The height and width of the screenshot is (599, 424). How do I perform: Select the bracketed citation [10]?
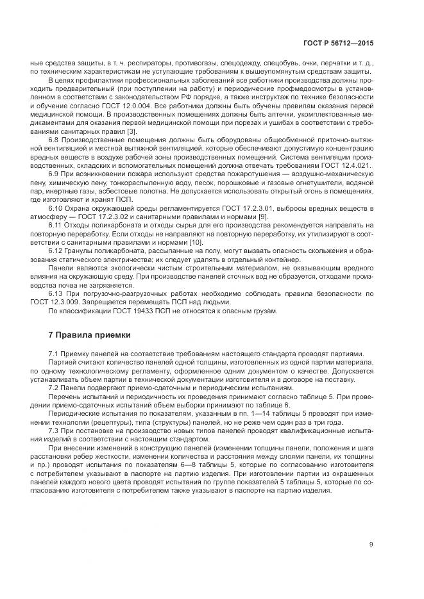coord(196,242)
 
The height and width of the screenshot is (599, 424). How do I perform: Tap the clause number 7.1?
coord(55,354)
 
